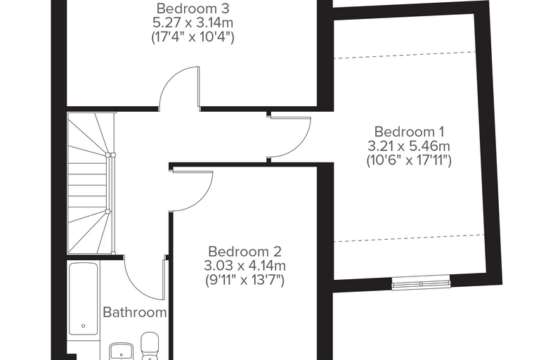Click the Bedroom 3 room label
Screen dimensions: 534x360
(x=193, y=8)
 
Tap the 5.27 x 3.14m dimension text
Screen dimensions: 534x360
(x=193, y=22)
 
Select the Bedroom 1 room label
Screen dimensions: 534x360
(x=409, y=131)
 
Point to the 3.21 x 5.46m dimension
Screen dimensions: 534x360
(x=409, y=146)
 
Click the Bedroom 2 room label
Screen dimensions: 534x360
(x=245, y=252)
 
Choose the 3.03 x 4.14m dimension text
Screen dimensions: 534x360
(x=245, y=265)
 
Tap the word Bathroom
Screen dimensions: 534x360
(x=135, y=312)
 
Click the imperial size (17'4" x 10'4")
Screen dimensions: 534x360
(x=193, y=37)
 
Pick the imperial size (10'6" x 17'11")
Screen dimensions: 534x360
(x=409, y=160)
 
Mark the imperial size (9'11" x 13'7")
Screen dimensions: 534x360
(x=245, y=281)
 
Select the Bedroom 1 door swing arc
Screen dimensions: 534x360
(x=302, y=146)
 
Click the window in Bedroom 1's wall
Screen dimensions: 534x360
(x=421, y=283)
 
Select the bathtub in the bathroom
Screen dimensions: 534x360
(x=84, y=299)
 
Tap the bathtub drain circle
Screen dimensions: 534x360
(x=84, y=326)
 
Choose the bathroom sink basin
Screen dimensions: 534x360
(x=122, y=352)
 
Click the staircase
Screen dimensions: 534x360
(x=91, y=184)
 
